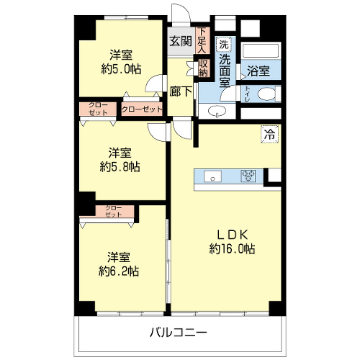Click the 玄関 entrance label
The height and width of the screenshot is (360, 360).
point(181,42)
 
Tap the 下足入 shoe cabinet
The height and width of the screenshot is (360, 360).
point(202,40)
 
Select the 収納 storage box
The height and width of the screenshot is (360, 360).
point(203,68)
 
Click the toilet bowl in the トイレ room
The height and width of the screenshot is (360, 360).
point(266,94)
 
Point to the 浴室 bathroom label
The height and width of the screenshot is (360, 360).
point(258,71)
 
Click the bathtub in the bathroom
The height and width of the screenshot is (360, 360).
point(261,50)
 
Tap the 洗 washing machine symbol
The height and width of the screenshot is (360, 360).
point(224,45)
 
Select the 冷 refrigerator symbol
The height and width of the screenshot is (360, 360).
point(270,135)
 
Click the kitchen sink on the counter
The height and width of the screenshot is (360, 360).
point(212,176)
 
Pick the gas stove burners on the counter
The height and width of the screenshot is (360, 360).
point(248,176)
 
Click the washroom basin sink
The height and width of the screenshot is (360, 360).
point(217,111)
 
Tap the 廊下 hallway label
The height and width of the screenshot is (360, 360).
point(181,91)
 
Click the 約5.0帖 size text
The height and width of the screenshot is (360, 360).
point(121,69)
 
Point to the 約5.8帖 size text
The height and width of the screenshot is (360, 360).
point(120,167)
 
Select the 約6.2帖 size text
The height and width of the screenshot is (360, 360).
point(119,271)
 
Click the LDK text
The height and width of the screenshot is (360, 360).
point(233,235)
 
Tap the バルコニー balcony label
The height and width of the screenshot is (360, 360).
point(179,333)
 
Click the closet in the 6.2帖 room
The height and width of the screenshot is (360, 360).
point(114,211)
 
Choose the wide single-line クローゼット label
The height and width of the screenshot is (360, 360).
point(142,109)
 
